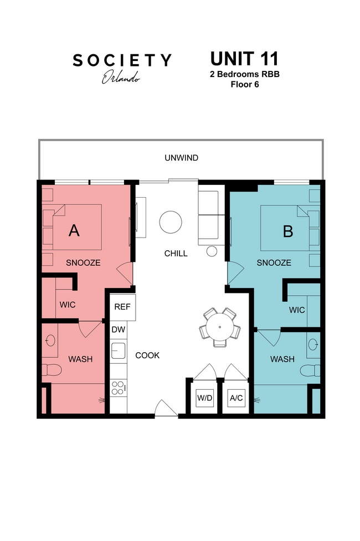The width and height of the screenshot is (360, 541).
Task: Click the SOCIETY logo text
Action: pyautogui.click(x=122, y=60)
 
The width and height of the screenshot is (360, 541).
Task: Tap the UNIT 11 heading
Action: pyautogui.click(x=244, y=59)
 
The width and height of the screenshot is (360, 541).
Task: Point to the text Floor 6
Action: pyautogui.click(x=244, y=85)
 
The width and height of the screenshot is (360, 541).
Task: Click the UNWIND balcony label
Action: pyautogui.click(x=181, y=158)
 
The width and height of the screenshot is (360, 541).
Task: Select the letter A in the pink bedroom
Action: pyautogui.click(x=74, y=230)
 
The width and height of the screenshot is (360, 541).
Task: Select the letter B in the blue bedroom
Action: pyautogui.click(x=287, y=231)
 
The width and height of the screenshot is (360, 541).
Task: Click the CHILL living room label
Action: pyautogui.click(x=176, y=254)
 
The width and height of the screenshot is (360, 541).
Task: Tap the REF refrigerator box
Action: pyautogui.click(x=122, y=307)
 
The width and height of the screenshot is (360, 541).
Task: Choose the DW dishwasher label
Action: pyautogui.click(x=118, y=329)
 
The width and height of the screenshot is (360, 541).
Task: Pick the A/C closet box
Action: pyautogui.click(x=236, y=398)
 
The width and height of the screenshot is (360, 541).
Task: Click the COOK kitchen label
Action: pyautogui.click(x=147, y=355)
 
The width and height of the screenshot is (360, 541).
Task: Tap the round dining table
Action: pyautogui.click(x=220, y=327)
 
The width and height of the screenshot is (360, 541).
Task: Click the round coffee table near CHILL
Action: pyautogui.click(x=171, y=223)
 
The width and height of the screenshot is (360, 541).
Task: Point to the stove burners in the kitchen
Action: pyautogui.click(x=117, y=388)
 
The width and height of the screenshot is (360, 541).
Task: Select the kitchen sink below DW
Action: pyautogui.click(x=118, y=351)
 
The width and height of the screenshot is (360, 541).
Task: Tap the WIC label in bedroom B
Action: pyautogui.click(x=296, y=310)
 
